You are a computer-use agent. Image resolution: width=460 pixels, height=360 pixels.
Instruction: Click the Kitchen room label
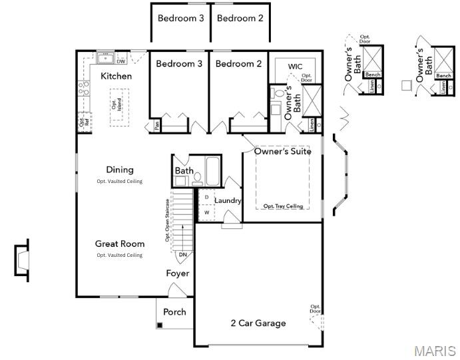[x=116, y=77]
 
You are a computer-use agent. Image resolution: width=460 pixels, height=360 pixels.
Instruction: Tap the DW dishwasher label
[x=120, y=61]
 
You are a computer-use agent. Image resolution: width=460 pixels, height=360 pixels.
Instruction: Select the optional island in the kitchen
[x=117, y=106]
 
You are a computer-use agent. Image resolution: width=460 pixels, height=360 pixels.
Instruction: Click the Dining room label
[x=120, y=170]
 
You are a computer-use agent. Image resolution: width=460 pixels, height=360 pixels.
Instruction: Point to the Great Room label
[x=120, y=244]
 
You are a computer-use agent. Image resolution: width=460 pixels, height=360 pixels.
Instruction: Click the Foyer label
[x=178, y=273]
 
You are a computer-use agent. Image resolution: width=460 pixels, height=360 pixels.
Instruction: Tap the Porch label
[x=175, y=311]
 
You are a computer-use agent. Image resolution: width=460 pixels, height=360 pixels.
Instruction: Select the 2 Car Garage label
[x=258, y=323]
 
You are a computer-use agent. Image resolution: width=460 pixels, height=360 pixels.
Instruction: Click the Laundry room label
[x=228, y=200]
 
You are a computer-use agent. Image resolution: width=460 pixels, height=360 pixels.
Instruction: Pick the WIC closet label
[x=295, y=67]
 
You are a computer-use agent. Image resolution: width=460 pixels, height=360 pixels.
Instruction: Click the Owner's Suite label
[x=283, y=152]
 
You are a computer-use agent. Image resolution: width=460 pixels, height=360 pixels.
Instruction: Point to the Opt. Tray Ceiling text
[x=283, y=206]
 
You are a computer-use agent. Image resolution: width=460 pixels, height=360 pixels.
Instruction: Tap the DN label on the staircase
[x=183, y=254]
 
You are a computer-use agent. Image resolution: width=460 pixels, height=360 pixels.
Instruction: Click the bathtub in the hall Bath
[x=213, y=171]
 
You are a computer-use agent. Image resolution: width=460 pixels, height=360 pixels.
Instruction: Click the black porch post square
[x=160, y=325]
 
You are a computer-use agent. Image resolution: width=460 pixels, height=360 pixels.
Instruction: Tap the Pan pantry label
[x=156, y=124]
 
